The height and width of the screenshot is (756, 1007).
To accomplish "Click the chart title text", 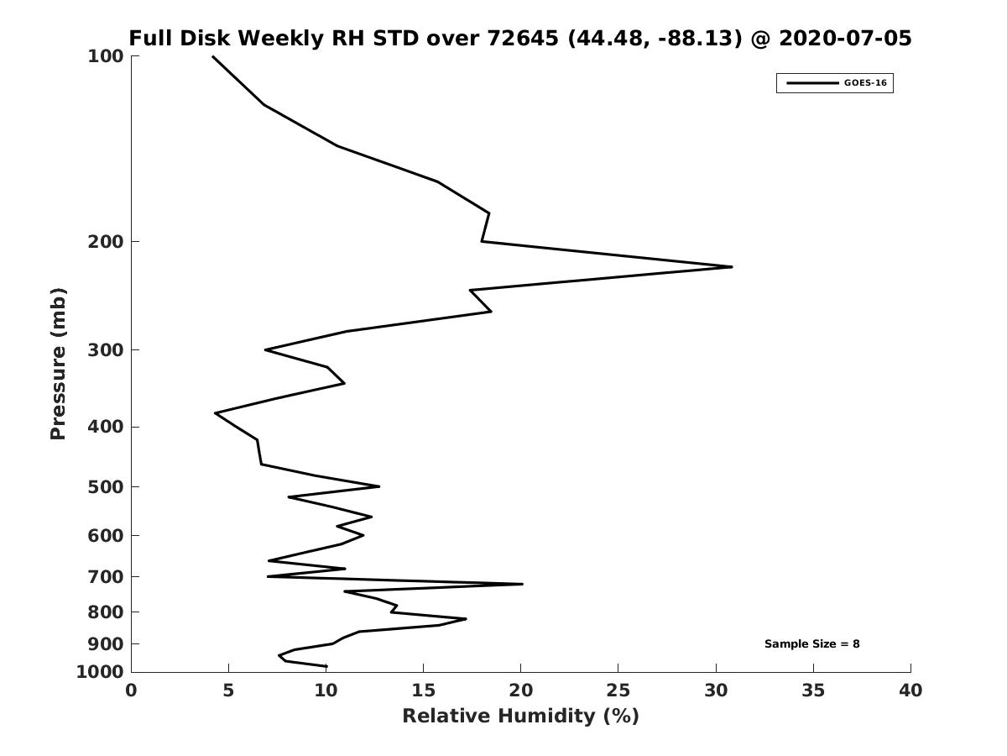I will (x=519, y=39).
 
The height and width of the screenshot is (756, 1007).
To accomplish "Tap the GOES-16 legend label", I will (x=865, y=83).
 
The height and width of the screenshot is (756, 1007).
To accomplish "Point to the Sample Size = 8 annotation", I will (x=811, y=644).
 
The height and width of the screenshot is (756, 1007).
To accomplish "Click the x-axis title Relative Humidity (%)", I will (x=520, y=716).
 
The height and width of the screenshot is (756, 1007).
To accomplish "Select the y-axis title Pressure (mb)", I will (x=58, y=364).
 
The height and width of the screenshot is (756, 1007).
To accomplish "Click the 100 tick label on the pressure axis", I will (x=106, y=56).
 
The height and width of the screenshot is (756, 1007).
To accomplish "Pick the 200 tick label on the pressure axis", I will (x=106, y=242).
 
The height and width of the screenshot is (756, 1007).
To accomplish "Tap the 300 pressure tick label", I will (x=106, y=350).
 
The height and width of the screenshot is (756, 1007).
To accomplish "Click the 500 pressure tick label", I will (x=106, y=487).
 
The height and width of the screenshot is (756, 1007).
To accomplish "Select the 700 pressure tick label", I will (x=106, y=577).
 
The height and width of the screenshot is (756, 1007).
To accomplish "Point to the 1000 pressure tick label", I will (x=101, y=672).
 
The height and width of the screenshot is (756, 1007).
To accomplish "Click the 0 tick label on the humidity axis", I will (x=132, y=691).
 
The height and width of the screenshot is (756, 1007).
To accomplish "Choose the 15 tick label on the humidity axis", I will (x=424, y=691).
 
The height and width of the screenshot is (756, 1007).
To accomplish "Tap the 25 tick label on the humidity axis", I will (x=618, y=691).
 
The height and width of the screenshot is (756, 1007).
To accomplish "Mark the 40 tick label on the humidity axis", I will (x=910, y=691).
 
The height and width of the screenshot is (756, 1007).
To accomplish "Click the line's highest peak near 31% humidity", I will (x=731, y=267).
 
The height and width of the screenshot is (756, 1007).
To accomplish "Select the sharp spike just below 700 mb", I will (x=521, y=584).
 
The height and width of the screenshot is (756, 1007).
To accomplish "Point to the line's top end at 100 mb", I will (x=213, y=57).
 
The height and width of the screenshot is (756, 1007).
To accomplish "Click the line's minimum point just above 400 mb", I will (x=217, y=413).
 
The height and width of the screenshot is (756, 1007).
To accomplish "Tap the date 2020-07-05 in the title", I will (x=845, y=39).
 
